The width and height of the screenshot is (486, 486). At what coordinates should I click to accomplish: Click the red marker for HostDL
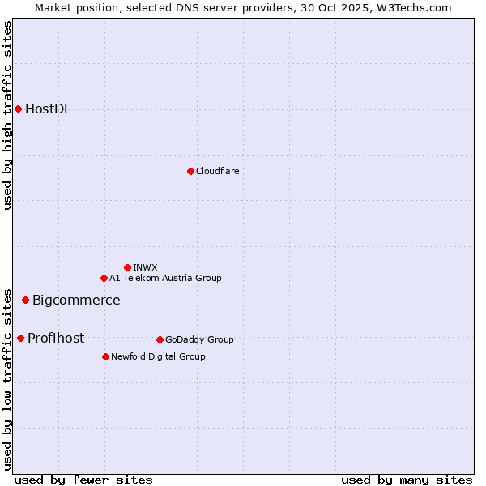(18, 109)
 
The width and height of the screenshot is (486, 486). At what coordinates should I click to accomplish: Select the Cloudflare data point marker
(190, 171)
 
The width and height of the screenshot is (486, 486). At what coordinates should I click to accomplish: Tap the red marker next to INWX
(127, 267)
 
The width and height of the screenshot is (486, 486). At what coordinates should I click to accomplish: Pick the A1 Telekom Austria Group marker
(104, 278)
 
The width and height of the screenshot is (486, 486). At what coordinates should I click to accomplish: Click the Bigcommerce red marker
(25, 300)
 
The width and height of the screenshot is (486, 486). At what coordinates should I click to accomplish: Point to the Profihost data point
(20, 338)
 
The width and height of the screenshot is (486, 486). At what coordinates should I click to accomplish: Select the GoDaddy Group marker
(160, 339)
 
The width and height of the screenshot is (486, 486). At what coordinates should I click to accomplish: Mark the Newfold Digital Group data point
(105, 356)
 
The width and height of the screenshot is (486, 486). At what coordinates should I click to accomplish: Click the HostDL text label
(48, 109)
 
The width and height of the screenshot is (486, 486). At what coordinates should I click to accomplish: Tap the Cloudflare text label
(217, 171)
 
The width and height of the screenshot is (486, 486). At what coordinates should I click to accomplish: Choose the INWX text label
(145, 267)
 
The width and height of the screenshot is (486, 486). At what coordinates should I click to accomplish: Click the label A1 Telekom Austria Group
(165, 278)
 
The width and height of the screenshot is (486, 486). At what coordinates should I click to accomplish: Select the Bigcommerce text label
(76, 301)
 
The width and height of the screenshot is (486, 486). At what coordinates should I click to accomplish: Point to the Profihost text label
(56, 339)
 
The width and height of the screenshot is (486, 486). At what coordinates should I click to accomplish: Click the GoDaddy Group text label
(199, 339)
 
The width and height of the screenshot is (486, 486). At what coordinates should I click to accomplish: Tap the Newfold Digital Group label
(158, 356)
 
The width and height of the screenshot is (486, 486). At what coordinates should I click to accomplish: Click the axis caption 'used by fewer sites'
(83, 480)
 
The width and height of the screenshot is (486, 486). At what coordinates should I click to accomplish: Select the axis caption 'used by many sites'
(407, 480)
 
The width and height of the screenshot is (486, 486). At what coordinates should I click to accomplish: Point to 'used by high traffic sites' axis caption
(8, 115)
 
